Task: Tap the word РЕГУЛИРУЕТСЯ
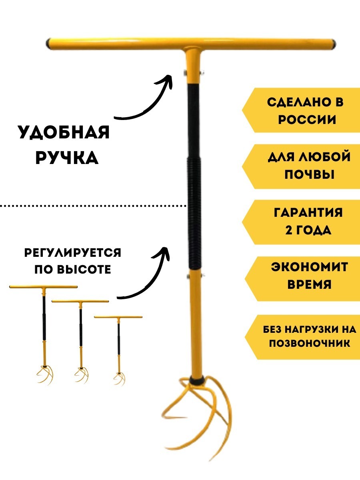click(x=73, y=253)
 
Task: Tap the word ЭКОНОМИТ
click(x=310, y=267)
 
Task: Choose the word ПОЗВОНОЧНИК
click(x=309, y=343)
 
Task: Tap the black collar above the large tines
click(x=196, y=378)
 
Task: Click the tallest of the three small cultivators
click(x=43, y=332)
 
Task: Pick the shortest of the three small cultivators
click(x=118, y=348)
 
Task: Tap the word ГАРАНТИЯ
click(x=308, y=212)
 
